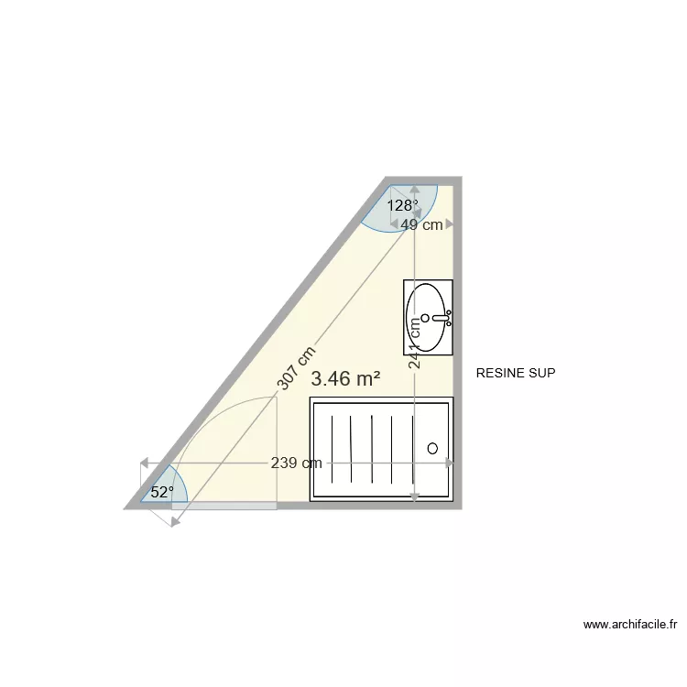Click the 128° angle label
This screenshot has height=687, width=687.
click(401, 206)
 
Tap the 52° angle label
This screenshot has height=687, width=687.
click(162, 492)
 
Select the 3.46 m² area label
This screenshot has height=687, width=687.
click(345, 378)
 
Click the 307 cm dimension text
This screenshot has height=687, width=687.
click(297, 367)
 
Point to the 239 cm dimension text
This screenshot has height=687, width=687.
click(296, 463)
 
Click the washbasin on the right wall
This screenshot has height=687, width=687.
click(428, 317)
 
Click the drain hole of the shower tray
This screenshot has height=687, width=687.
click(432, 449)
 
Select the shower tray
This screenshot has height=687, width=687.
click(382, 449)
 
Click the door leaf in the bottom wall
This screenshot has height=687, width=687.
click(224, 506)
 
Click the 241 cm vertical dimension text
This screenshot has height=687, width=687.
click(415, 343)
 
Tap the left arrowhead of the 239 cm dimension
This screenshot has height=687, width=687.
click(144, 463)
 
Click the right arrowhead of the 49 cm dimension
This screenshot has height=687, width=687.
click(450, 224)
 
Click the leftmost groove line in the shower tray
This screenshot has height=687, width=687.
click(330, 446)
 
